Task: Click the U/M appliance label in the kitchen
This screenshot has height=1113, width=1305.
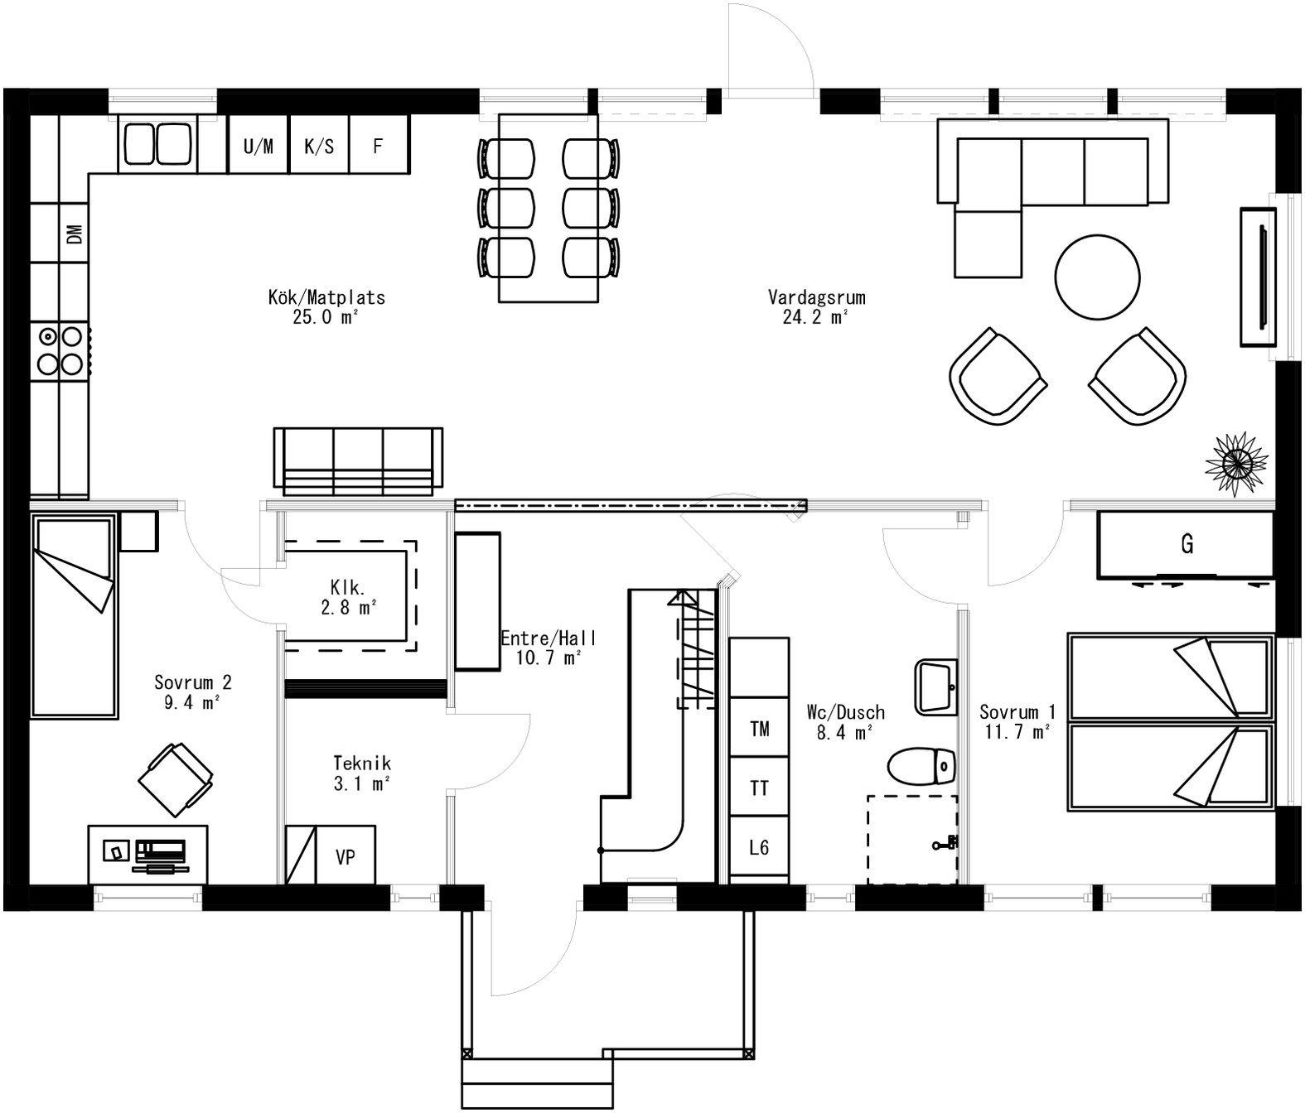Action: click(x=259, y=147)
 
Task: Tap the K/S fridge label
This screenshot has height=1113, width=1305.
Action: click(x=319, y=147)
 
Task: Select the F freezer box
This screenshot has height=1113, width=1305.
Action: click(x=379, y=147)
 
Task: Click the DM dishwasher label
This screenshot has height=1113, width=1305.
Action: click(x=74, y=234)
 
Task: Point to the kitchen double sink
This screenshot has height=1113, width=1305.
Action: click(x=157, y=144)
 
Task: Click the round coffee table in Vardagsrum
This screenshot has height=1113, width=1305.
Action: click(x=1097, y=277)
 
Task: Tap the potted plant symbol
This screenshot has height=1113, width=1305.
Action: click(x=1236, y=465)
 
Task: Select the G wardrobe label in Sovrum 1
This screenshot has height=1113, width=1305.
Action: click(x=1187, y=544)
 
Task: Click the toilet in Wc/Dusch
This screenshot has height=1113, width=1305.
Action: click(x=921, y=766)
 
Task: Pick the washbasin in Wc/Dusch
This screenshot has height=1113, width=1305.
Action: click(x=935, y=687)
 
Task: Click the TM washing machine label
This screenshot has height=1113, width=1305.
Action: click(x=759, y=729)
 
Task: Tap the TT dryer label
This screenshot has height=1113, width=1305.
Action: click(x=759, y=788)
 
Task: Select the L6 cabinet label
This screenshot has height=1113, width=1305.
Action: click(x=759, y=847)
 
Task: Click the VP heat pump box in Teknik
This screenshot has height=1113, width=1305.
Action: click(x=346, y=856)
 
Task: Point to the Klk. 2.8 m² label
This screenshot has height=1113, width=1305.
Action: click(x=348, y=597)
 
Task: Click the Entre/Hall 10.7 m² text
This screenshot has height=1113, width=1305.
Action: click(x=548, y=648)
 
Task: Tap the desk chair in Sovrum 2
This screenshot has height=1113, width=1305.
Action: click(x=175, y=779)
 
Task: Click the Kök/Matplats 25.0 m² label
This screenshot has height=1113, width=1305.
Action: click(x=326, y=306)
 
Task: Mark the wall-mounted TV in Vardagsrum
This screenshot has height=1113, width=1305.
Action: click(x=1258, y=277)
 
